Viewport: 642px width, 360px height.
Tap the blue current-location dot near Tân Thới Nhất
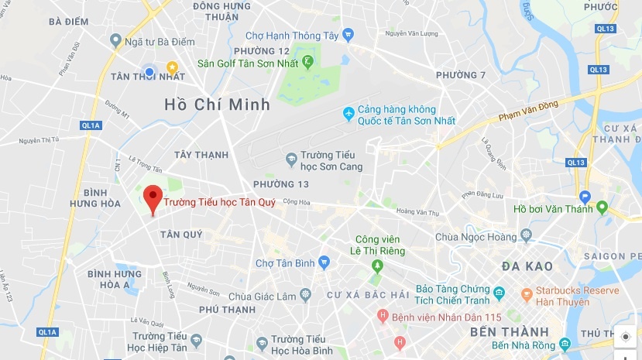[x=150, y=71]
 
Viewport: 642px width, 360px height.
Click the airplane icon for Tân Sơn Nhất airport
[x=348, y=114]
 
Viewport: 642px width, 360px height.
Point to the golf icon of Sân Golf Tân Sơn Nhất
[x=308, y=61]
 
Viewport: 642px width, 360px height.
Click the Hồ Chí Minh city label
[x=217, y=104]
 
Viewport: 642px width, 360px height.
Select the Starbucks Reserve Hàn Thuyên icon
[x=527, y=294]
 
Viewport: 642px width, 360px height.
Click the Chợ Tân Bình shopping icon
[x=324, y=262]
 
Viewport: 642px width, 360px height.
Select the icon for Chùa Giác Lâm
[x=306, y=294]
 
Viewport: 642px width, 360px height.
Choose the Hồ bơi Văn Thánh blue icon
[x=585, y=197]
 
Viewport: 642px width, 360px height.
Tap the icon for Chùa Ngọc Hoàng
[x=527, y=235]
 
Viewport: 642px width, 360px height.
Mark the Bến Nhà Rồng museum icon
[x=566, y=344]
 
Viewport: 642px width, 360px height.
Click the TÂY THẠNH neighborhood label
[x=201, y=155]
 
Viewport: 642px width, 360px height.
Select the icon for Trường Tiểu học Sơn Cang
[x=291, y=159]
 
